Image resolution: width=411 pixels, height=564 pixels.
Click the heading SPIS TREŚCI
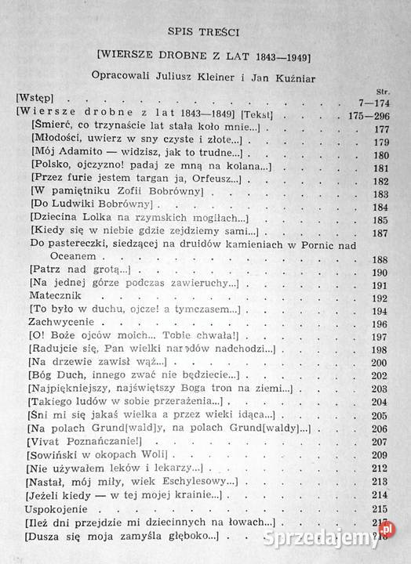[205, 32]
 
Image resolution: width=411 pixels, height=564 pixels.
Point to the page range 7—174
[373, 101]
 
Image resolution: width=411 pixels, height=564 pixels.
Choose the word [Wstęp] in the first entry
[38, 101]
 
